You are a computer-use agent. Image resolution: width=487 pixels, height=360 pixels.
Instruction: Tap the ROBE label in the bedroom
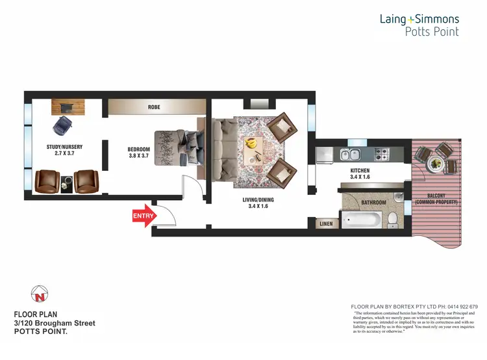[x=154, y=107]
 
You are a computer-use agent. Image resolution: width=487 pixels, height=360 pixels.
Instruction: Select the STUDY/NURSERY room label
[x=64, y=151]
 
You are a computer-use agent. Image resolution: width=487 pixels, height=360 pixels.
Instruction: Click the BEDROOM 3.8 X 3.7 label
[x=139, y=153]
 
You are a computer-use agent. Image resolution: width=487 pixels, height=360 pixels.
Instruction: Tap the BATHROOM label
[x=373, y=203]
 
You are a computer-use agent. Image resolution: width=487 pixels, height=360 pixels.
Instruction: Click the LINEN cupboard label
[x=326, y=224]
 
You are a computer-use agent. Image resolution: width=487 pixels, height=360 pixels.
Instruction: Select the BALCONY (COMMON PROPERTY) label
[x=436, y=199]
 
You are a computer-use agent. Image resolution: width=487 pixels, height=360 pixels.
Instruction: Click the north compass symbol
[x=40, y=296]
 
